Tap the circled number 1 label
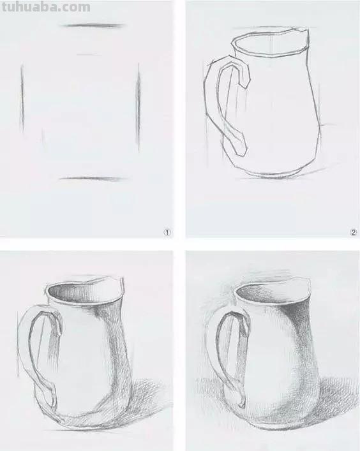168,233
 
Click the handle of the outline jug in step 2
221,102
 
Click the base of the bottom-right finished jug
281,427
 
